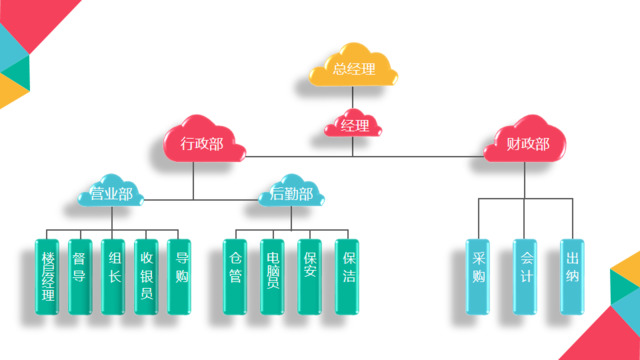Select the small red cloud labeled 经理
click(x=355, y=125)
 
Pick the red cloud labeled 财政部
click(x=527, y=145)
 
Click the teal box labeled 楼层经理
click(x=48, y=276)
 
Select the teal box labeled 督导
click(x=80, y=276)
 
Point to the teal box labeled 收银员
click(x=146, y=276)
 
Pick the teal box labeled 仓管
click(x=234, y=276)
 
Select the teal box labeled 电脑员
click(x=272, y=276)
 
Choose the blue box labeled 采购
click(x=479, y=276)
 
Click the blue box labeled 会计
click(x=525, y=276)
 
